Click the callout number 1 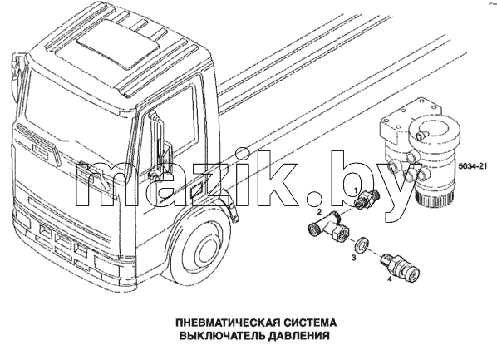(x=356, y=190)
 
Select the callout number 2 (x=319, y=211)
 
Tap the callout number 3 (x=354, y=258)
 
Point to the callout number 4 (x=389, y=279)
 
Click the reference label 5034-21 (x=472, y=166)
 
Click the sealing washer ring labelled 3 (x=362, y=244)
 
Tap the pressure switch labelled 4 (x=400, y=267)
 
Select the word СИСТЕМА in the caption (x=310, y=323)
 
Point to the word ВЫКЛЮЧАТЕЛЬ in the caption (x=222, y=336)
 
